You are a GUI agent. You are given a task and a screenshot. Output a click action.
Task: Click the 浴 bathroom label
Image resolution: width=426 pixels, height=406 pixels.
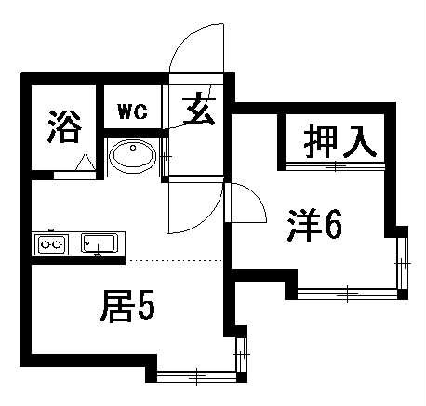pos(64,126)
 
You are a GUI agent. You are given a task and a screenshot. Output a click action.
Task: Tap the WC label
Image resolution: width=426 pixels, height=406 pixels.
pos(133,111)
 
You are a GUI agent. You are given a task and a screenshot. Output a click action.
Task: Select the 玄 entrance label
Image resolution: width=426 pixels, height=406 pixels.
pos(199,111)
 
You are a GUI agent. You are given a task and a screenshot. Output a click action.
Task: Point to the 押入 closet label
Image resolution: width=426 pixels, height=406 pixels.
pos(339,142)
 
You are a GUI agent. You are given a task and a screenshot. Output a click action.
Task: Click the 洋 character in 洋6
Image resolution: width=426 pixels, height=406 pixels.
pos(303,225)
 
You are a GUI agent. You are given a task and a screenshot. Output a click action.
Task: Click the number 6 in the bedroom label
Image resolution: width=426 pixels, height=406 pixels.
pos(333,225)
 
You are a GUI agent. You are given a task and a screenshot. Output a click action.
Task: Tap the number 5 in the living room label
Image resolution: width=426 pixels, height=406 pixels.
pos(146,306)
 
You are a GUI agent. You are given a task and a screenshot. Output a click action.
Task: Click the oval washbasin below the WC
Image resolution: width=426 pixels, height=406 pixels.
pos(133,154)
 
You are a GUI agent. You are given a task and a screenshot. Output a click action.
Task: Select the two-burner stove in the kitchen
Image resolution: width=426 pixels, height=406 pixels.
pos(51,244)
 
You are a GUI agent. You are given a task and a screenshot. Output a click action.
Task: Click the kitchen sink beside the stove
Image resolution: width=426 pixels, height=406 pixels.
pos(100,243)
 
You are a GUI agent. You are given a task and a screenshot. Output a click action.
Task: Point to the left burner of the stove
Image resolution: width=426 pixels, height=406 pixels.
pos(46,245)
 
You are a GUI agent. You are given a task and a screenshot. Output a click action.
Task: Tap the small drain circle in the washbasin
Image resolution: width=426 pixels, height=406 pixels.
pos(133,148)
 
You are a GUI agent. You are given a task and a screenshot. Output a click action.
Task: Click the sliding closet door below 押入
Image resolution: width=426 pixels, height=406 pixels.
pos(336,166)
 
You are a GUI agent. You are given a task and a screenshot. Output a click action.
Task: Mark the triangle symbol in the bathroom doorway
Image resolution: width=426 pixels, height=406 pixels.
pos(86,164)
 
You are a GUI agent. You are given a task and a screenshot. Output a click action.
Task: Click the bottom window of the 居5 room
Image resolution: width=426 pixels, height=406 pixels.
pos(197,376)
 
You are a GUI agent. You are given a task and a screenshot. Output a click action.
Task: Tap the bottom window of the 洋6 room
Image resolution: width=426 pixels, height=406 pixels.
pos(347,294)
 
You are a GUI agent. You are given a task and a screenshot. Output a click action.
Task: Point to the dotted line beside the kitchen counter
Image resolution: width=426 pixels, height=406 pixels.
pos(174,260)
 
